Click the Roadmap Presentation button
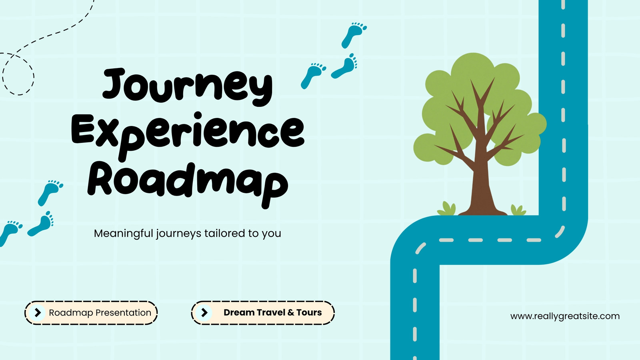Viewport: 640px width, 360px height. point(91,312)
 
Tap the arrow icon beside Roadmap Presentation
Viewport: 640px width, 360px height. point(38,312)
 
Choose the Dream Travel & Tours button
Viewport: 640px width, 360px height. point(263,312)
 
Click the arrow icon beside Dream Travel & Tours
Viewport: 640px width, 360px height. point(204,312)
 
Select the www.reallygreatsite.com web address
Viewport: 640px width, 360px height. point(565,316)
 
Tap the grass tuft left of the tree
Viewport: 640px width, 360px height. point(446,208)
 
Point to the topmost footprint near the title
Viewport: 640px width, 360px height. point(354,35)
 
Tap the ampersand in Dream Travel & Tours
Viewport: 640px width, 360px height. point(291,312)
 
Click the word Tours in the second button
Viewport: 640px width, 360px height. point(309,312)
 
